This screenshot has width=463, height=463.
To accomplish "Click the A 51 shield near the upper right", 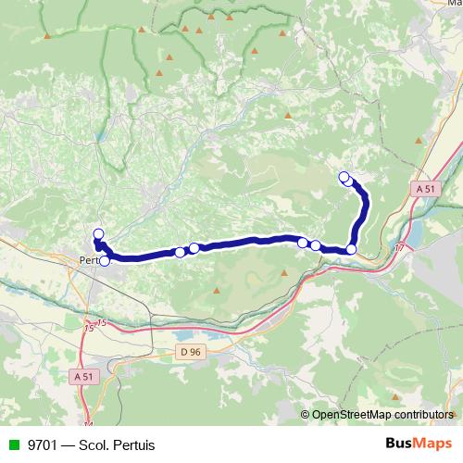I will pos(426,188).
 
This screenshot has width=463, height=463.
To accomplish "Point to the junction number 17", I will pos(399,248).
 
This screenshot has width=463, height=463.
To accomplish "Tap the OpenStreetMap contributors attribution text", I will pos(382,415).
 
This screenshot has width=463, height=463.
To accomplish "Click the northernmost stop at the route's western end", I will pos(98,233).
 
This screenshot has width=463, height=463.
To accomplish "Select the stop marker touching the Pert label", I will pos(105,261).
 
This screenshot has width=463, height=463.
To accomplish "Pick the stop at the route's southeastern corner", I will pos(351,249).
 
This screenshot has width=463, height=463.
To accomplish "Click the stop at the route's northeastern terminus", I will pos(344,177).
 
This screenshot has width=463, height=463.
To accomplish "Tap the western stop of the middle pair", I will pos(180,252).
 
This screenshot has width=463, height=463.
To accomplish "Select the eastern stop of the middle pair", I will pos(194,247).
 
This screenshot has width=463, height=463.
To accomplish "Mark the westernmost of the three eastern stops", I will pos(303,242).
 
